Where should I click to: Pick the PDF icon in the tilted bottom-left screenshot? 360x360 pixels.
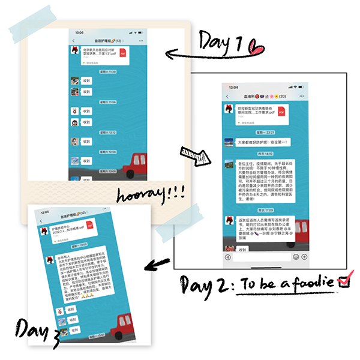pyautogui.click(x=89, y=226)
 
